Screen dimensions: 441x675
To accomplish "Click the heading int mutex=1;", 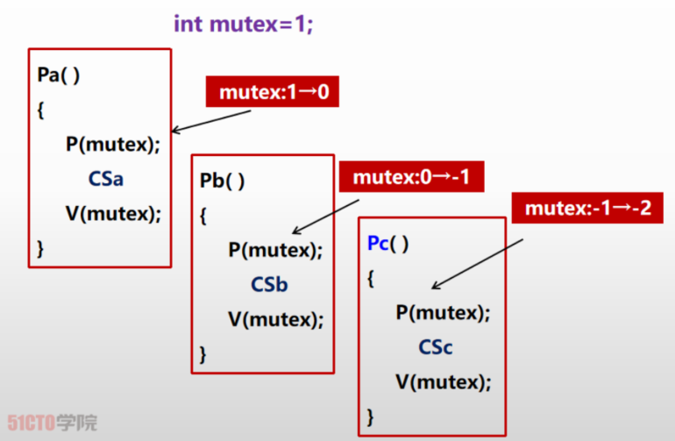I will [243, 23].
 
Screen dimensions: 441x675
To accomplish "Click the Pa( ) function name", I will [59, 75].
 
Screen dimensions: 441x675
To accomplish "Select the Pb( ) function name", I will [222, 181].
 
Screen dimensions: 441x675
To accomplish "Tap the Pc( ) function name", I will [387, 244].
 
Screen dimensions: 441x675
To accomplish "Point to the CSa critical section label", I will [106, 179].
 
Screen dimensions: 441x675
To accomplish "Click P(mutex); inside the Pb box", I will [275, 250].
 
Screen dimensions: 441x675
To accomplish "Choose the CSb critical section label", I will [269, 285].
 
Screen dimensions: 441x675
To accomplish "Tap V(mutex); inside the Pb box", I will [275, 319].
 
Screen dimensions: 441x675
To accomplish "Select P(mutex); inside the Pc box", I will [443, 312].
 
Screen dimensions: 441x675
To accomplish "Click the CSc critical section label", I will [436, 347].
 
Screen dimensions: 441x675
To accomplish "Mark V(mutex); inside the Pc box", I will [443, 381].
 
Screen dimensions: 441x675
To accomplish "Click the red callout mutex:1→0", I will [273, 91].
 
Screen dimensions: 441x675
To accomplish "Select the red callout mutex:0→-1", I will [411, 177].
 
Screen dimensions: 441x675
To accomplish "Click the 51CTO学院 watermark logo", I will [53, 423].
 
